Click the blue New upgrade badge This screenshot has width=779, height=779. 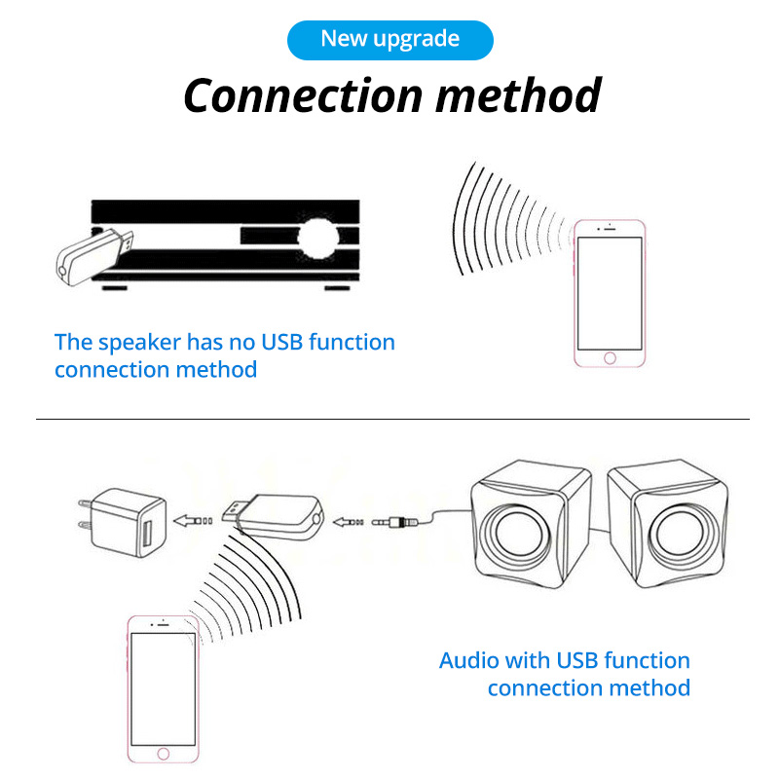389,39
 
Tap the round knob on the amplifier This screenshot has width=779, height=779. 318,237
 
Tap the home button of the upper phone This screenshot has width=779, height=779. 610,357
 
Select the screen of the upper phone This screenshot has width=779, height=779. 610,292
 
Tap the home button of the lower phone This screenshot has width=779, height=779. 164,754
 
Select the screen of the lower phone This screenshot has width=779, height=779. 164,687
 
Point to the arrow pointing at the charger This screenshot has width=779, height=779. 193,520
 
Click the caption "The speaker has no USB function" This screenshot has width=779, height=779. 225,342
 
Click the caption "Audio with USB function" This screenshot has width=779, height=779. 565,660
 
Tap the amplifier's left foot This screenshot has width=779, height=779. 115,288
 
